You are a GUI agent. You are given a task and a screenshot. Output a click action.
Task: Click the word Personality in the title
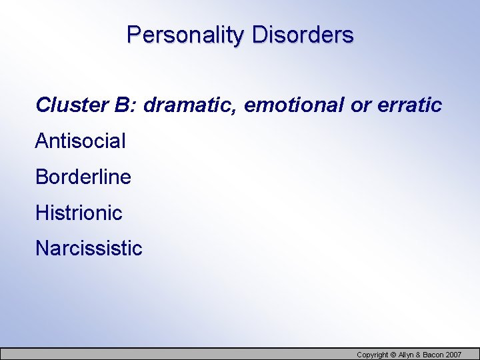[186, 35]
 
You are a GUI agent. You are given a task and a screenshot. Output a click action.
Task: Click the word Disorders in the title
[303, 35]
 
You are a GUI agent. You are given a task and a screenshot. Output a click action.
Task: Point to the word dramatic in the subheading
[191, 105]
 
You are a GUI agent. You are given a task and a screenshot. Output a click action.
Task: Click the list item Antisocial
[80, 141]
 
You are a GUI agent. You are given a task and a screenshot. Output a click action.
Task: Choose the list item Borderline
[83, 177]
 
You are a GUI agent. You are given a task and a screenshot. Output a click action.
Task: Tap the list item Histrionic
[79, 213]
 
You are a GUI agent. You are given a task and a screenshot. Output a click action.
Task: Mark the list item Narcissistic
[89, 249]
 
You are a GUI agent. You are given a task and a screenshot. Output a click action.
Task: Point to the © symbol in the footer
[393, 355]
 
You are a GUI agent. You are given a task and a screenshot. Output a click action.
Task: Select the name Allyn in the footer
[406, 355]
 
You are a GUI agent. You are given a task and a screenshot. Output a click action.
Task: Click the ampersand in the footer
[419, 355]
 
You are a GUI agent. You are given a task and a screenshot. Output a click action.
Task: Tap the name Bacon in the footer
[433, 355]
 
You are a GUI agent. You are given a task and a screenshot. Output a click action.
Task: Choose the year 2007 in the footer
[454, 355]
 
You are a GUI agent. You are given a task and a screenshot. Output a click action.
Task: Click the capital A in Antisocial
[41, 141]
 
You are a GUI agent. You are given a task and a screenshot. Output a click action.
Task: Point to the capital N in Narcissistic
[42, 249]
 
